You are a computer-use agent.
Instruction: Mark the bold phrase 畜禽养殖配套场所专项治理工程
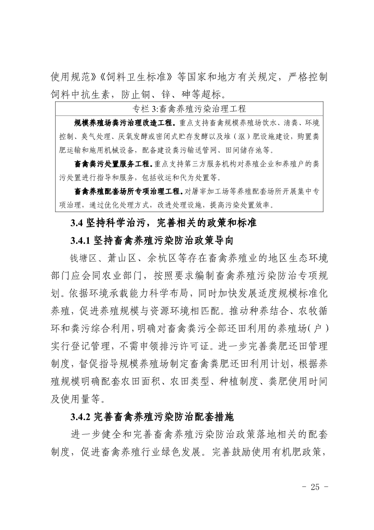point(128,192)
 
